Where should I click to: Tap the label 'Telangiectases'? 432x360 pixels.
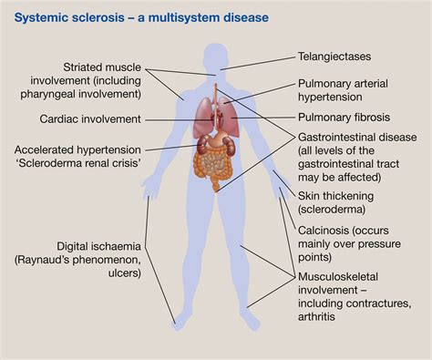(x=339, y=56)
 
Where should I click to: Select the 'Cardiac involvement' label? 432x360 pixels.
(x=90, y=119)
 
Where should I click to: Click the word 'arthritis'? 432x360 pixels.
(x=323, y=317)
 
